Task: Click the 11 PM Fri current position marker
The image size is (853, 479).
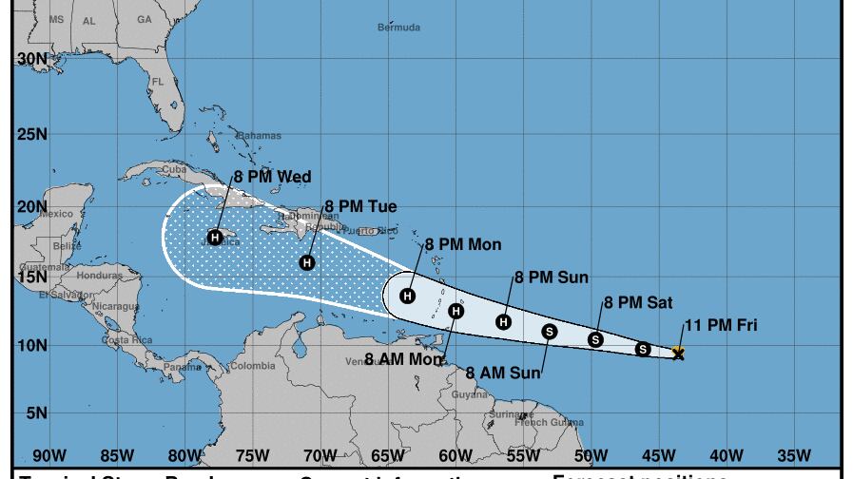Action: click(678, 354)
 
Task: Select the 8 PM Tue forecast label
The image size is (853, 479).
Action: click(360, 206)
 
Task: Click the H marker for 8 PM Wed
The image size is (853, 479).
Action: click(216, 237)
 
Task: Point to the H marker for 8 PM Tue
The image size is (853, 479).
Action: click(307, 262)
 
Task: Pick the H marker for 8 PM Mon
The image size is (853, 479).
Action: click(408, 296)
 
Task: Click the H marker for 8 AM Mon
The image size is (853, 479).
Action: click(456, 311)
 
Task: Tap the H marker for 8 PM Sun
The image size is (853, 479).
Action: click(504, 321)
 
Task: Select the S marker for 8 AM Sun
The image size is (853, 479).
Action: click(550, 331)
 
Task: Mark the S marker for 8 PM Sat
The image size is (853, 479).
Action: click(596, 339)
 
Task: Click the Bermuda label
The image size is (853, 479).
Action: click(398, 28)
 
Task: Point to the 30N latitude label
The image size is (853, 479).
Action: click(32, 59)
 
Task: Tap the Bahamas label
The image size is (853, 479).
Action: click(260, 136)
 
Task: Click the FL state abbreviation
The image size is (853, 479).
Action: click(158, 82)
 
